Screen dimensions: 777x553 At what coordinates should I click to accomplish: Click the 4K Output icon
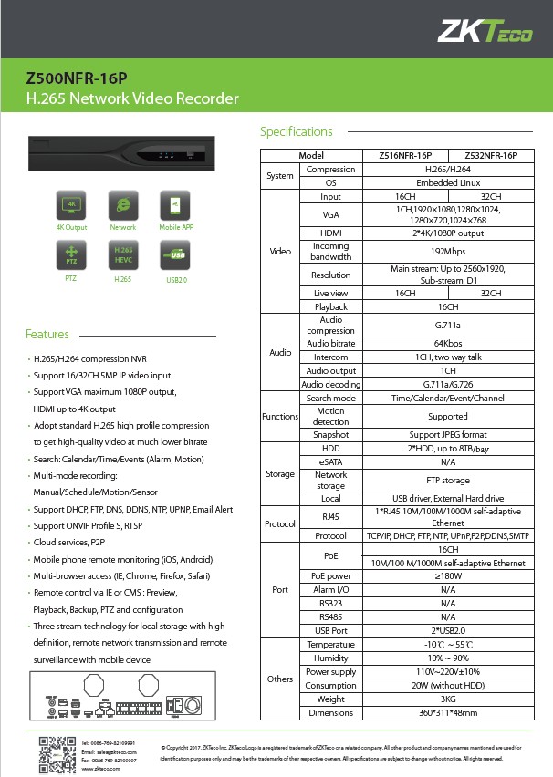(71, 204)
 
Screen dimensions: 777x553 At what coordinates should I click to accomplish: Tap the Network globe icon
(122, 204)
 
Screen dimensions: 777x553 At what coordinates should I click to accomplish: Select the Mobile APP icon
(174, 204)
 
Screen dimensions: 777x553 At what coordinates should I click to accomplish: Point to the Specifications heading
(297, 131)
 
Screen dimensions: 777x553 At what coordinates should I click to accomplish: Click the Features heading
(47, 334)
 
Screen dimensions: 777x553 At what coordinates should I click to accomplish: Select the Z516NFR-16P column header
(404, 156)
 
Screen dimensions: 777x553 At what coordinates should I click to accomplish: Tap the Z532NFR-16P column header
(491, 156)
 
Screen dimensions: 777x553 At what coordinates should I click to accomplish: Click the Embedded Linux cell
(448, 182)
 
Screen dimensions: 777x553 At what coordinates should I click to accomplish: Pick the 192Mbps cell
(448, 251)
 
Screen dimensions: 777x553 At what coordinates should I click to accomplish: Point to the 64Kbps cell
(448, 343)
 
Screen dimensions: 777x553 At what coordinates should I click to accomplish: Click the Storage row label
(280, 473)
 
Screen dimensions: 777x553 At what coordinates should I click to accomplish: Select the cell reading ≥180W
(448, 575)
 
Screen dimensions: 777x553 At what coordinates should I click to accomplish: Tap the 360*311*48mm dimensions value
(448, 712)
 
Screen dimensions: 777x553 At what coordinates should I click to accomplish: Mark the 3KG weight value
(448, 699)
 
